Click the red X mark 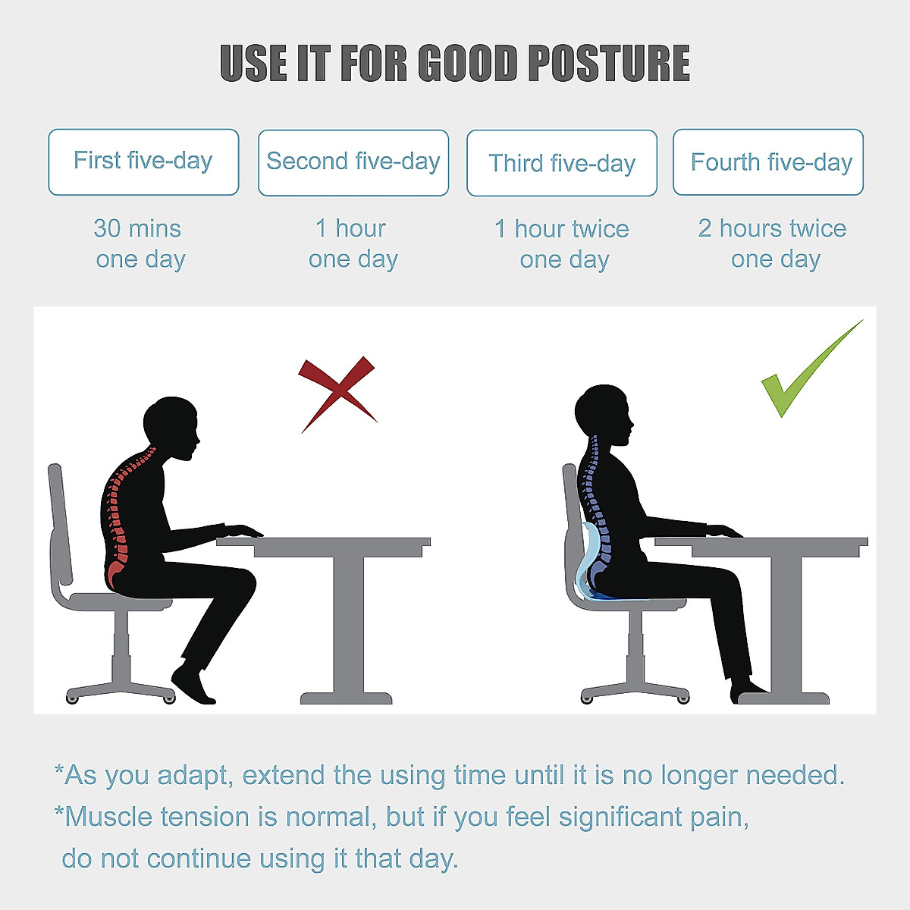pos(337,393)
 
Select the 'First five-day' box pos(143,162)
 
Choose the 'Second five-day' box pos(353,162)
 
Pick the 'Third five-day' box pos(562,163)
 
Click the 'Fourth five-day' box pos(768,162)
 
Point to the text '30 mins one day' pos(140,244)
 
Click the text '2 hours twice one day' pos(773,244)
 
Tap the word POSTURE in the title pos(608,64)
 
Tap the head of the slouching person pos(171,426)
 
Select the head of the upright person pos(603,413)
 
